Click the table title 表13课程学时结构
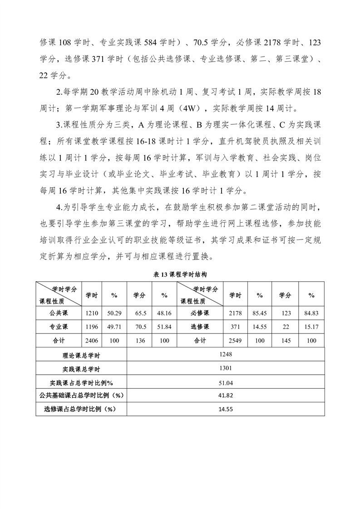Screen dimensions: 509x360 [x=180, y=274]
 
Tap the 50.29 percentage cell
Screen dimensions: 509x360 [x=114, y=313]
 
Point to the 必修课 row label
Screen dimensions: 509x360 [x=200, y=313]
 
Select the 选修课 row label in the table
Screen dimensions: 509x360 [x=200, y=327]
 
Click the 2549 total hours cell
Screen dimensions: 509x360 [x=235, y=340]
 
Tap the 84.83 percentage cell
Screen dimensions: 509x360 [x=311, y=313]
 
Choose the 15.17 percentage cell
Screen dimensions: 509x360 [x=311, y=327]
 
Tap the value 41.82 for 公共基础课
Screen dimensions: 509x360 [x=226, y=396]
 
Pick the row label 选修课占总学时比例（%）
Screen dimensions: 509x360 [x=81, y=409]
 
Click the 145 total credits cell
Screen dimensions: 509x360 [x=285, y=340]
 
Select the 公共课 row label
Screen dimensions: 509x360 [x=59, y=313]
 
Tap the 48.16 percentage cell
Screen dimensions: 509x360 [x=164, y=313]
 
